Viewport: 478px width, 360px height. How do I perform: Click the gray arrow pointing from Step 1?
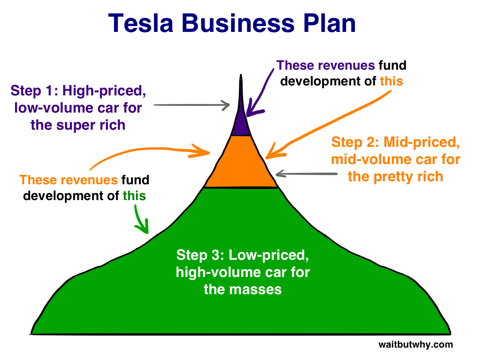tap(192, 105)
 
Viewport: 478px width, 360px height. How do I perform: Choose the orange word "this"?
tap(391, 81)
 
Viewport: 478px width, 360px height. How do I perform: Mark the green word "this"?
tap(134, 196)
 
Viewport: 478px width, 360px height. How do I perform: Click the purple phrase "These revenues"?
tap(325, 65)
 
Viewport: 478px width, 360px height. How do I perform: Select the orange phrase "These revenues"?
tap(69, 180)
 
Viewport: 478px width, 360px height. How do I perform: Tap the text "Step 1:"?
tap(34, 91)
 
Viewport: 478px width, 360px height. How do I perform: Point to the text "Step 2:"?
tap(355, 142)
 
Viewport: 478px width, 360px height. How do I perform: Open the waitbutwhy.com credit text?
tap(415, 344)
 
